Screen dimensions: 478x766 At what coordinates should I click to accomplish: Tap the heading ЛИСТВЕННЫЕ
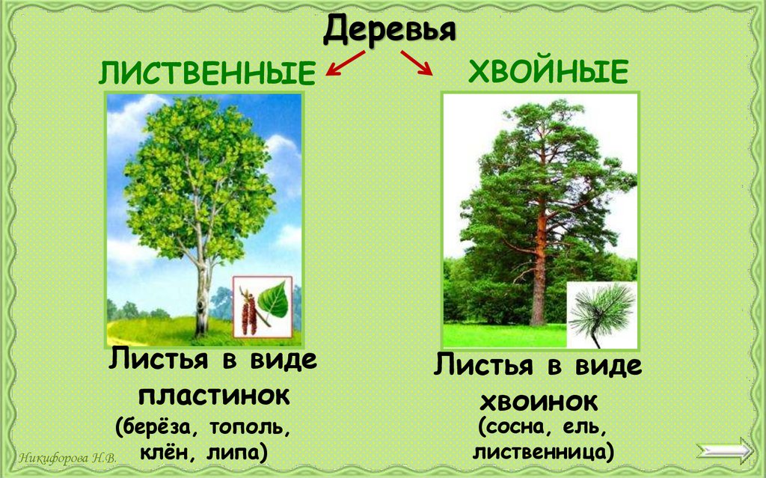point(206,74)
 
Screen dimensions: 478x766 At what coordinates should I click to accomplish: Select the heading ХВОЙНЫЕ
point(548,73)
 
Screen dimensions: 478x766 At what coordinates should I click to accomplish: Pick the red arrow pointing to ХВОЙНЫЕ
point(417,62)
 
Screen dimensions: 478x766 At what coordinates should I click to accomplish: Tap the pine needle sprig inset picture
point(601,315)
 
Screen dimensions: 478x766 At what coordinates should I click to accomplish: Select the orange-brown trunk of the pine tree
point(539,277)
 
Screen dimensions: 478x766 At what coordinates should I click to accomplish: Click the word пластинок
point(214,395)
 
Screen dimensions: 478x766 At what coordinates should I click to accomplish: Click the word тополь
point(247,429)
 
